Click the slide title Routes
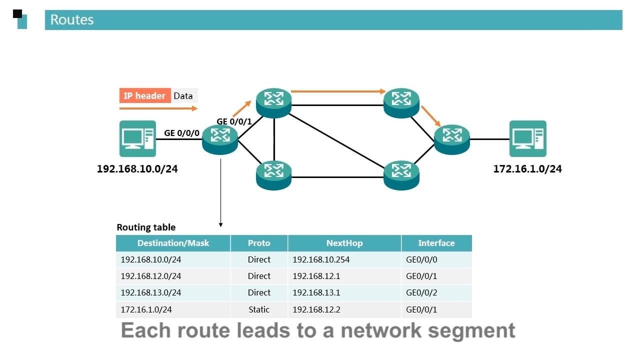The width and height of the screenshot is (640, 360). [x=72, y=20]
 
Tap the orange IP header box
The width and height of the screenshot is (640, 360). [x=144, y=96]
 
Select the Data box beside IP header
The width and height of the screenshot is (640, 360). [x=183, y=96]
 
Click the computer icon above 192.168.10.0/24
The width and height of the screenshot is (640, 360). [x=137, y=138]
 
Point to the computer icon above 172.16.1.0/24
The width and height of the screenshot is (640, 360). [x=527, y=138]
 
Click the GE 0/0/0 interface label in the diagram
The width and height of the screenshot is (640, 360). [x=182, y=133]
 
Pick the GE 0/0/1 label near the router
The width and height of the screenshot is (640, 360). [x=234, y=121]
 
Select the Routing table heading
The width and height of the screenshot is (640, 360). [x=146, y=227]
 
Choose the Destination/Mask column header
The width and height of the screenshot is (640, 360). [x=173, y=243]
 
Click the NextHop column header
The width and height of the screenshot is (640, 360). [x=344, y=243]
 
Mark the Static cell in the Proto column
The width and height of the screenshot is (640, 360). [x=259, y=309]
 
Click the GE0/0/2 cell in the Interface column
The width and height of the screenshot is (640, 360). [x=421, y=292]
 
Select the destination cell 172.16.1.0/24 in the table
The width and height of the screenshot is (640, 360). [x=146, y=309]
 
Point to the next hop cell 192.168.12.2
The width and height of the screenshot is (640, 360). [x=316, y=309]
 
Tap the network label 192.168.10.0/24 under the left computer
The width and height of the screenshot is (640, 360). [x=137, y=169]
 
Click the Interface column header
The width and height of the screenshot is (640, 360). [x=436, y=243]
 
